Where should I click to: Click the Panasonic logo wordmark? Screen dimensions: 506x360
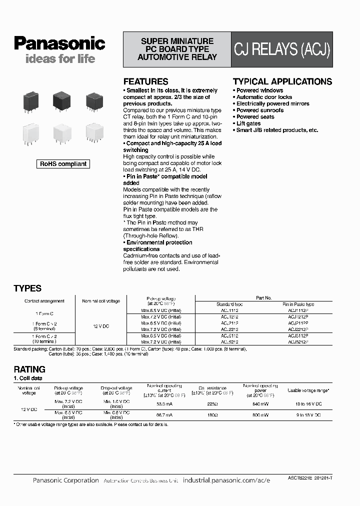tap(59, 43)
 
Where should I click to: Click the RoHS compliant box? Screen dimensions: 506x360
tap(63, 163)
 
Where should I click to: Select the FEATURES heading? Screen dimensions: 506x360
tap(145, 81)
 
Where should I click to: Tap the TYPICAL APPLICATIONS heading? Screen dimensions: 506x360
tap(282, 81)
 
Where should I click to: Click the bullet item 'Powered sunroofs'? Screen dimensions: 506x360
tap(259, 110)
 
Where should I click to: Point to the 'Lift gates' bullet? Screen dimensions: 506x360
tap(248, 123)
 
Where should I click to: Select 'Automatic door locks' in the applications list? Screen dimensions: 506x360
tap(263, 97)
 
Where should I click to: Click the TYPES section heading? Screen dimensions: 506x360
tap(27, 288)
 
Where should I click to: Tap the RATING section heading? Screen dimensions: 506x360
tap(29, 369)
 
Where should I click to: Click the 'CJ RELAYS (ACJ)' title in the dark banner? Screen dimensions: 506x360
tap(282, 50)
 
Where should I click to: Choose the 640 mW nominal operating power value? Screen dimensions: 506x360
tap(260, 403)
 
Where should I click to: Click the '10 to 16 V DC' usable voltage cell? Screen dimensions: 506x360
tap(308, 403)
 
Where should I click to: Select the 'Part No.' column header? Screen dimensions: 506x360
tap(263, 297)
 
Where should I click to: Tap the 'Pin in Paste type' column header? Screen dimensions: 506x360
tap(298, 304)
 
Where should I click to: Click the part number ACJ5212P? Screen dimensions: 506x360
tap(298, 342)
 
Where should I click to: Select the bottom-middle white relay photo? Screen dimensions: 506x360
tap(62, 133)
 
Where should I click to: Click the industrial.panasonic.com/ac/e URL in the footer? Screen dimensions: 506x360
tap(226, 480)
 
